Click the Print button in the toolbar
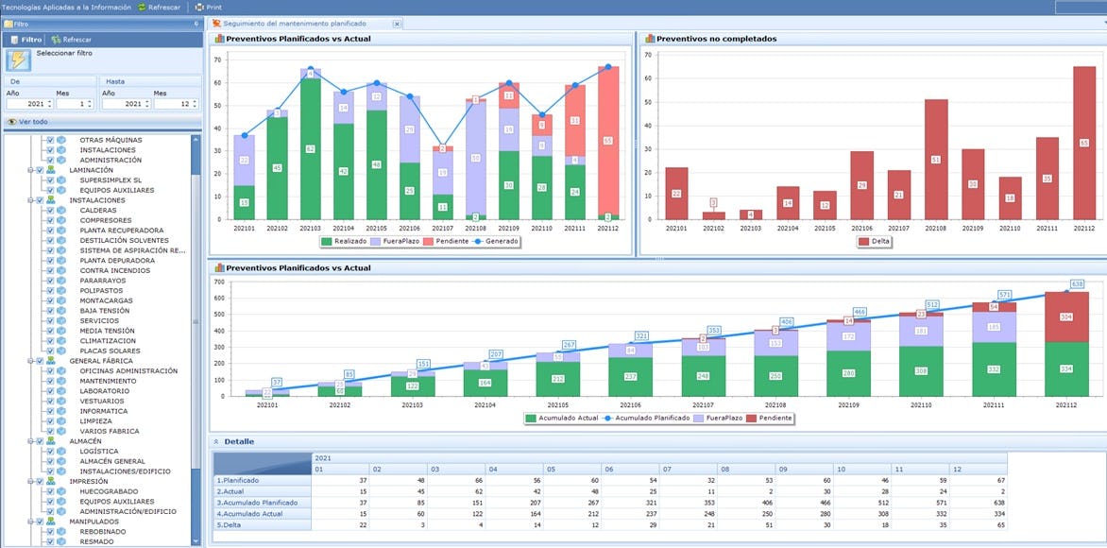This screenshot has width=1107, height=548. (x=213, y=7)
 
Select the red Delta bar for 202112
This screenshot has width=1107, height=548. (x=1084, y=142)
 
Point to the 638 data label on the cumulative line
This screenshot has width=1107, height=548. (x=1076, y=283)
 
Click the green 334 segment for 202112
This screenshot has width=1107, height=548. (x=1066, y=368)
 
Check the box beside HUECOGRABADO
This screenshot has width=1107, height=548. (x=51, y=491)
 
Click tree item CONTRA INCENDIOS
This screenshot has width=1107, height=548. (x=114, y=270)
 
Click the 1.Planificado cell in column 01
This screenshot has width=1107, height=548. (x=341, y=481)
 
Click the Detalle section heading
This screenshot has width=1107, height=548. (x=238, y=441)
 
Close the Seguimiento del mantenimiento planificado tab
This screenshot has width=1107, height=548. (x=397, y=23)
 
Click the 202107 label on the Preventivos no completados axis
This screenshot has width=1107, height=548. (x=898, y=228)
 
